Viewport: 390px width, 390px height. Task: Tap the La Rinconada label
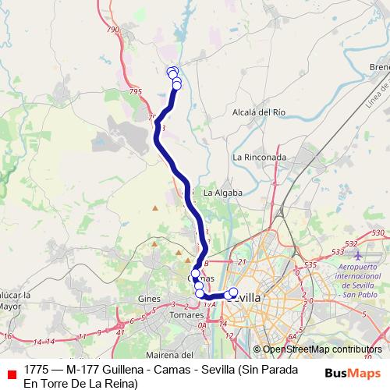259,157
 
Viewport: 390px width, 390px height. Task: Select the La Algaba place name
222,192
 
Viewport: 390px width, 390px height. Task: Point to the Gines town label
148,300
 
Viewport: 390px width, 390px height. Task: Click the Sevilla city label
246,298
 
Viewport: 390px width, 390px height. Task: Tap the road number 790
112,30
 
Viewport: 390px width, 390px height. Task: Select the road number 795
136,92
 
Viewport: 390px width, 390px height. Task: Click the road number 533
338,252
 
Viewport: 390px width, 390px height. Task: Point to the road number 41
120,332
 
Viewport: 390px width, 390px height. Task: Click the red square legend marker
12,374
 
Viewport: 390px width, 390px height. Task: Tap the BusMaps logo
353,374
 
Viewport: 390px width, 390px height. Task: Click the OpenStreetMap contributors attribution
322,349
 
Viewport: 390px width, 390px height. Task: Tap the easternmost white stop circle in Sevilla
232,292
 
